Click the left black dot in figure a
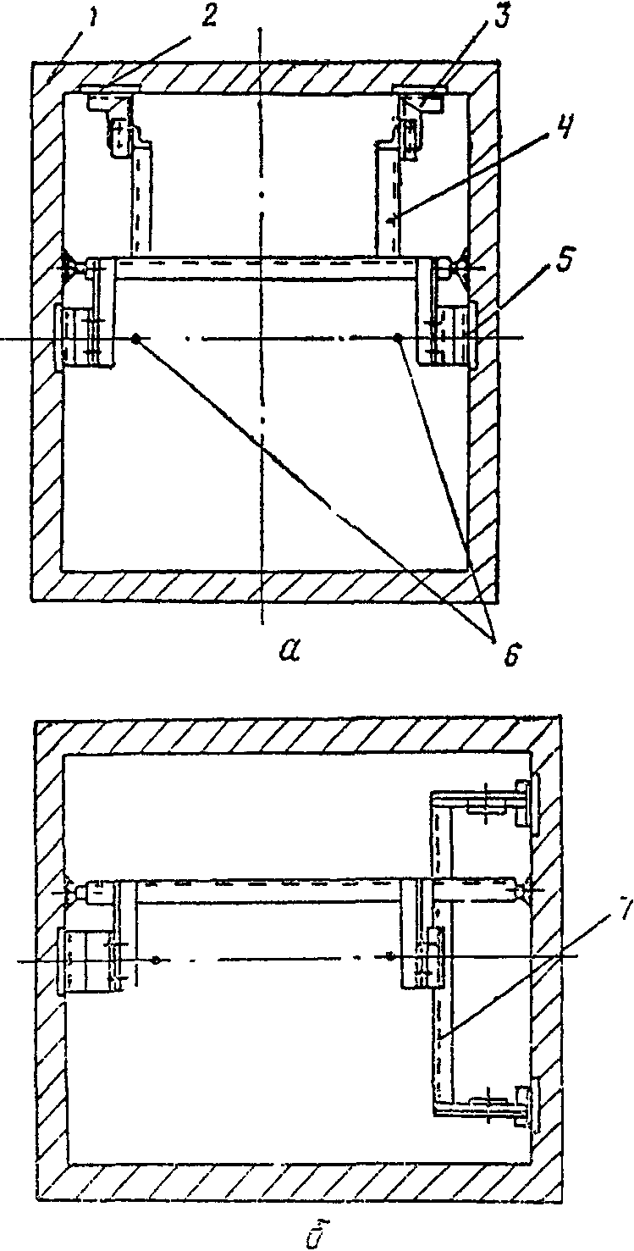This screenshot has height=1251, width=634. [x=135, y=339]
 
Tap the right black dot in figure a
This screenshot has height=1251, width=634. [x=399, y=339]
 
